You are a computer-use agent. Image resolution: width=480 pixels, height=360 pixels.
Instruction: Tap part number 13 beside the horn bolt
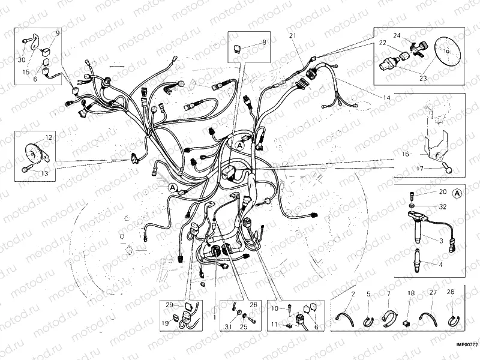tap(44, 173)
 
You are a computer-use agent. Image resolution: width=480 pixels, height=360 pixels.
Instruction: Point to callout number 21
tap(293, 37)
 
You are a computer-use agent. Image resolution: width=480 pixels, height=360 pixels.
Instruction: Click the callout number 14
tap(386, 97)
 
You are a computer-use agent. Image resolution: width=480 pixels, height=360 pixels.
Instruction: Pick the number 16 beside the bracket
tap(406, 154)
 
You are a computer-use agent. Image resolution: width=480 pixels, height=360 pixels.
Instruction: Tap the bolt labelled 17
tap(447, 167)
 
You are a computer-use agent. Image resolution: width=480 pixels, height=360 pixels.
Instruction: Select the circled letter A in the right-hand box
tap(457, 194)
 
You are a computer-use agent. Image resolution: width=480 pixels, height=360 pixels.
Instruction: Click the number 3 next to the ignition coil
tap(441, 241)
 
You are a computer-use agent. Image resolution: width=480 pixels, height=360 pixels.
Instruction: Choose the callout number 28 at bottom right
tap(451, 293)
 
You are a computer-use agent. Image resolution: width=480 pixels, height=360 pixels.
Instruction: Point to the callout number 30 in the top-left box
tap(22, 60)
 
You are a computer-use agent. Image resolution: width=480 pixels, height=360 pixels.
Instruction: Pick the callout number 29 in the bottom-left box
tap(170, 305)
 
